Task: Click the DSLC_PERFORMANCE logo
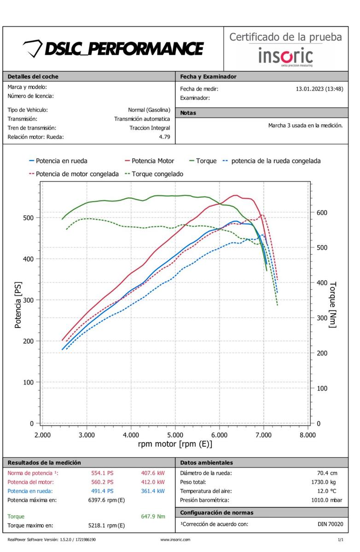coord(113,48)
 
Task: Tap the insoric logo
coord(285,56)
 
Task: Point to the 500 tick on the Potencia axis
coord(29,218)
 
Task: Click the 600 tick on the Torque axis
coord(321,213)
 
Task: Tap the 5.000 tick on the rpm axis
coord(175,435)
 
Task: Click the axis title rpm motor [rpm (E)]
coord(175,444)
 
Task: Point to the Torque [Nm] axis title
coord(333,305)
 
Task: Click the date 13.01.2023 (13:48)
coord(319,89)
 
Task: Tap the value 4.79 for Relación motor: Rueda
coord(164,137)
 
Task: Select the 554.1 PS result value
coord(102,473)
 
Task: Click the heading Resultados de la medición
coord(44,463)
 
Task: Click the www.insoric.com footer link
coord(175,540)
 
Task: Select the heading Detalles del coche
coord(33,77)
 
